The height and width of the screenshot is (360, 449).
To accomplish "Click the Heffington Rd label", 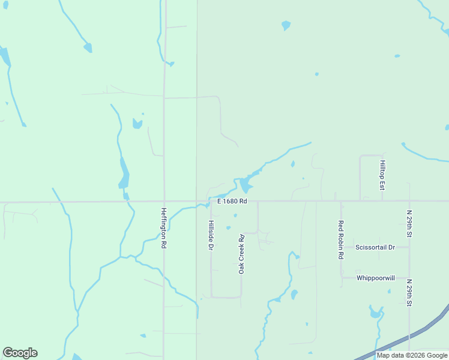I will pyautogui.click(x=163, y=229).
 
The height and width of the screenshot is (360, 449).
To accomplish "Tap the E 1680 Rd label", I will pyautogui.click(x=232, y=202).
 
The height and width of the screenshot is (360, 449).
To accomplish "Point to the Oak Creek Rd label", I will pyautogui.click(x=241, y=254).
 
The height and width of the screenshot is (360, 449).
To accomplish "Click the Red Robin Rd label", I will pyautogui.click(x=340, y=239).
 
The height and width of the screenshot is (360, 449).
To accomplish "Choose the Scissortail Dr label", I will pyautogui.click(x=375, y=247).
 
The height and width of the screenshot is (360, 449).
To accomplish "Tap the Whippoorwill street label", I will pyautogui.click(x=375, y=278).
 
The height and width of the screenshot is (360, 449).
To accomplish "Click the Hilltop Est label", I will pyautogui.click(x=382, y=175).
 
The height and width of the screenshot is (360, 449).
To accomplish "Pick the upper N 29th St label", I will pyautogui.click(x=409, y=223).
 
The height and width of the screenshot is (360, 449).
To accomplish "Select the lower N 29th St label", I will pyautogui.click(x=409, y=293).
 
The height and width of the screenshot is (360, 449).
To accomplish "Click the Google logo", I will pyautogui.click(x=20, y=353).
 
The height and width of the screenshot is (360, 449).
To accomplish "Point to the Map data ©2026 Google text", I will pyautogui.click(x=412, y=355).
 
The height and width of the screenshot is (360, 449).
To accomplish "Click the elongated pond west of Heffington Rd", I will pyautogui.click(x=124, y=175).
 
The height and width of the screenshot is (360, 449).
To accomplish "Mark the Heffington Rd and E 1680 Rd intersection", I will pyautogui.click(x=164, y=201).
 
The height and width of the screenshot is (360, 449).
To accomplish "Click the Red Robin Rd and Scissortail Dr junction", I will pyautogui.click(x=341, y=247).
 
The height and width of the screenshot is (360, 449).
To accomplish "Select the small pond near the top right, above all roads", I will pyautogui.click(x=286, y=25).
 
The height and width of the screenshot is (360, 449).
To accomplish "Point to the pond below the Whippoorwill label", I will pyautogui.click(x=376, y=313).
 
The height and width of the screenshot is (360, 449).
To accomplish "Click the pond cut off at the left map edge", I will pyautogui.click(x=4, y=57).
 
